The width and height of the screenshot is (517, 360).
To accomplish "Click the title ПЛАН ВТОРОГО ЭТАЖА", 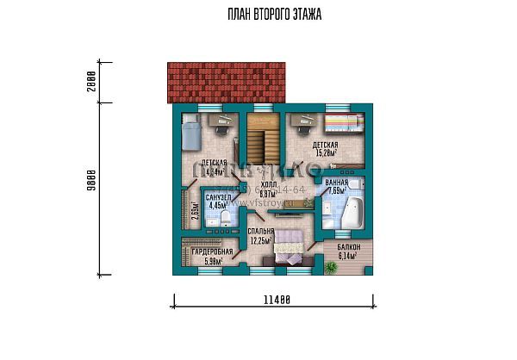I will [x=273, y=15].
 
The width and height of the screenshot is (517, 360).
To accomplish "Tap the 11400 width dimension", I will [x=274, y=300].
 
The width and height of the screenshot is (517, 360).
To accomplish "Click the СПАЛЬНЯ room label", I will [x=261, y=233].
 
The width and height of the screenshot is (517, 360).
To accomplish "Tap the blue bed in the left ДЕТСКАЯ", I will [x=191, y=135].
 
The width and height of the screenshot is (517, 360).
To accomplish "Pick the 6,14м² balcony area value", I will [x=348, y=256].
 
